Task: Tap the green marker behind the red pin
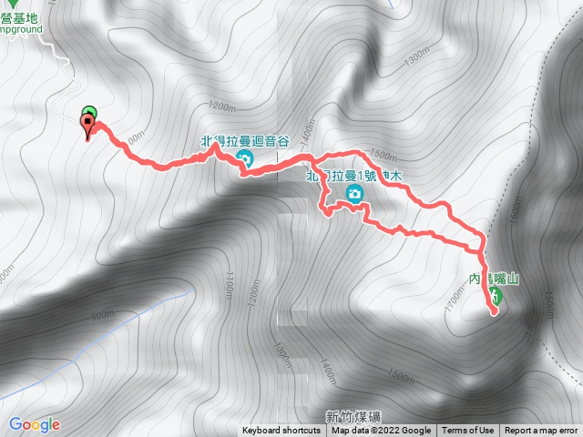pos(89,114)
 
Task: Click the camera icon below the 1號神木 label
pos(353,193)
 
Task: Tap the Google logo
pos(35,424)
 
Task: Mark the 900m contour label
pos(102,315)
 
